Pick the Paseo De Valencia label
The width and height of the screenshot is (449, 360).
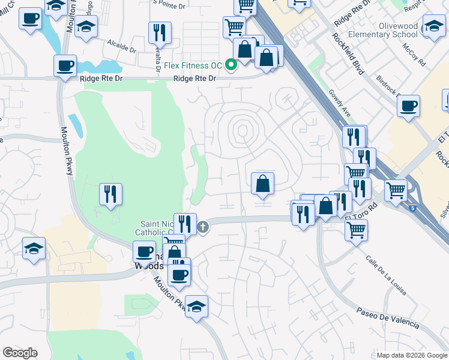tap(387, 318)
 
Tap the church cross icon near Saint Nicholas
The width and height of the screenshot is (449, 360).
tap(203, 227)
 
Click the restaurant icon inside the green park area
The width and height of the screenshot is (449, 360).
tap(111, 194)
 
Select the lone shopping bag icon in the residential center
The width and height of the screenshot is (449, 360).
tap(262, 184)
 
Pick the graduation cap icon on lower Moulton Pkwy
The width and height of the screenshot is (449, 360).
tap(196, 306)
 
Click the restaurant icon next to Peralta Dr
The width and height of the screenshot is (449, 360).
tap(160, 32)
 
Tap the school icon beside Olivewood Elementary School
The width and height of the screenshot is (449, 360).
tap(434, 25)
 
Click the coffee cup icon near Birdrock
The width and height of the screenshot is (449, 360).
tap(408, 106)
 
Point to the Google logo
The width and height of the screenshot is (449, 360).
tap(20, 353)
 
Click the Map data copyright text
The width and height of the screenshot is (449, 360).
tap(412, 355)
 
